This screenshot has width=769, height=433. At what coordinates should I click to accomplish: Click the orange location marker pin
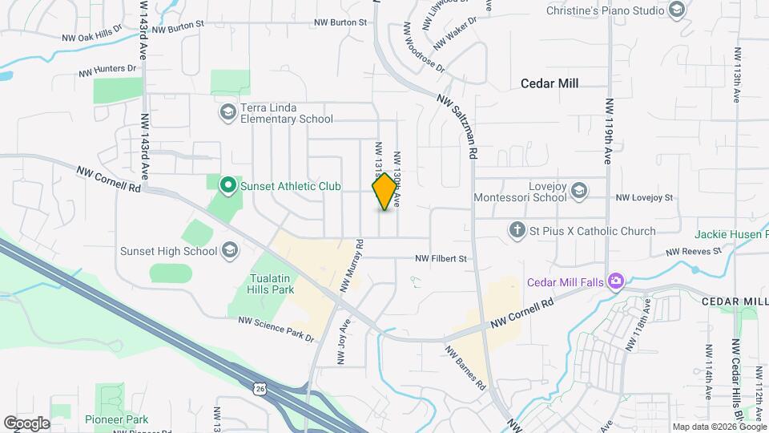(385, 192)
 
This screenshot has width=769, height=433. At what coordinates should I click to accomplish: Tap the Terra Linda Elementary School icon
(227, 111)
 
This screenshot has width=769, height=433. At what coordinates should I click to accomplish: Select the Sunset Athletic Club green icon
(227, 187)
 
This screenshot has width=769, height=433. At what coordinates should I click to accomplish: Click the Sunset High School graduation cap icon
(230, 251)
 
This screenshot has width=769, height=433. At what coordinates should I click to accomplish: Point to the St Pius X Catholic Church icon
(517, 231)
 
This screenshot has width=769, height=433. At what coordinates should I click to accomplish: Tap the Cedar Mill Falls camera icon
(616, 281)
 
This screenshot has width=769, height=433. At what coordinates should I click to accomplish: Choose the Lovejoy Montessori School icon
(579, 191)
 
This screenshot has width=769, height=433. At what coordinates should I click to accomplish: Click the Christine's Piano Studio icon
(676, 10)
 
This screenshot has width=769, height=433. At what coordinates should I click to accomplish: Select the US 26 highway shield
(259, 388)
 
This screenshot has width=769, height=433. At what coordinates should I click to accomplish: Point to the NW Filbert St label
(441, 259)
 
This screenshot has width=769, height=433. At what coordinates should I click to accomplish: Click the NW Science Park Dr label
(276, 330)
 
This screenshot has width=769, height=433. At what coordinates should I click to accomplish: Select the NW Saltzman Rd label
(458, 127)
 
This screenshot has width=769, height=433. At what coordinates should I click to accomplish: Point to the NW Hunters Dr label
(107, 71)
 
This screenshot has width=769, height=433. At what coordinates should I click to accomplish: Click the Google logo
(26, 423)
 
